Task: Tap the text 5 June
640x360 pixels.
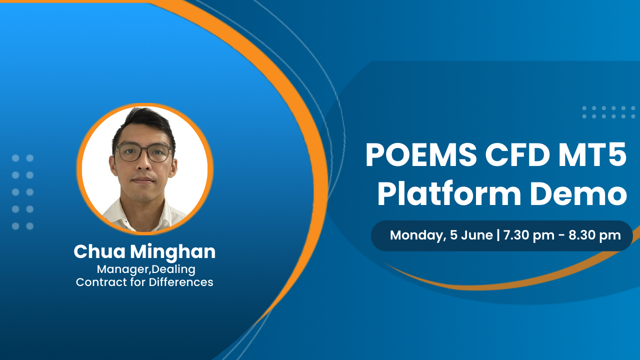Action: tap(471, 235)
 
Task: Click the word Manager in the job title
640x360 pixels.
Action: tap(117, 269)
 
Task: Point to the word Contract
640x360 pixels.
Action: tap(98, 282)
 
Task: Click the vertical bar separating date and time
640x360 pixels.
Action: tap(498, 235)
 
